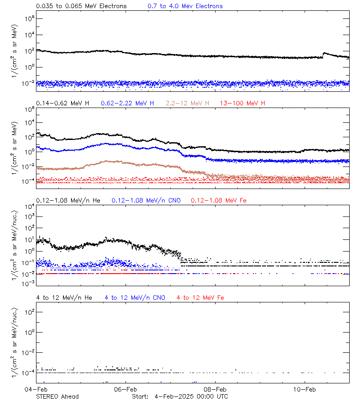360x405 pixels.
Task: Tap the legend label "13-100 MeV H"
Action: [243, 103]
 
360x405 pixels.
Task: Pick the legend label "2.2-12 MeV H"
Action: [187, 103]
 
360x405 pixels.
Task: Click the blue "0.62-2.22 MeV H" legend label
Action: [127, 103]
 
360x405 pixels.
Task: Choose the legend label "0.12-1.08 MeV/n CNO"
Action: [146, 200]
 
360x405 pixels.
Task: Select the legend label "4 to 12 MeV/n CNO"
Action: [135, 298]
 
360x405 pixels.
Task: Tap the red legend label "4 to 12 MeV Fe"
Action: [200, 298]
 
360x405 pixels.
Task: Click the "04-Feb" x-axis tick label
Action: [36, 389]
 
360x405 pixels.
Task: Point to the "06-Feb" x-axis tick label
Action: [125, 389]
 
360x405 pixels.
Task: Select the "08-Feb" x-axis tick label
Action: [215, 389]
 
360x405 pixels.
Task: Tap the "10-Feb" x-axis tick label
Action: [304, 389]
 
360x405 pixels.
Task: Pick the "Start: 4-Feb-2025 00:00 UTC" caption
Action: [180, 396]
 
